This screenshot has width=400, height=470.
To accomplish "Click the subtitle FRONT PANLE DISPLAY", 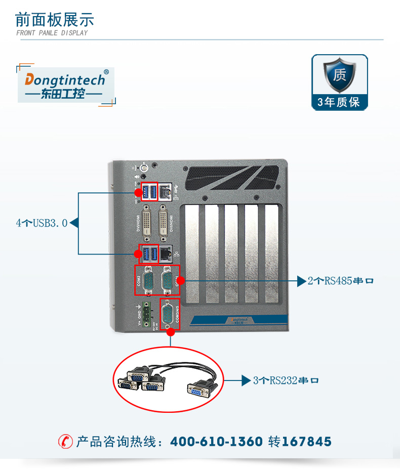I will [x=52, y=33].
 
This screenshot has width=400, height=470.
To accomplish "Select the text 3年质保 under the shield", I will [x=339, y=102].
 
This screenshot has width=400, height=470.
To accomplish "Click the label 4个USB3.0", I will [x=42, y=223].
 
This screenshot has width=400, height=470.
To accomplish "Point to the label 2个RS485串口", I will [x=340, y=280].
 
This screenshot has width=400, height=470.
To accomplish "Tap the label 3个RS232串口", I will [x=286, y=380].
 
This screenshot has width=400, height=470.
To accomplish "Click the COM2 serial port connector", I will [x=149, y=281].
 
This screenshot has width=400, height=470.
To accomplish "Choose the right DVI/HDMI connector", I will [x=165, y=222].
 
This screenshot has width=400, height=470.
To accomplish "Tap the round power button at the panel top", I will [x=144, y=166].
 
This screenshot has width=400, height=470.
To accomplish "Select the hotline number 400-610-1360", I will [x=216, y=442].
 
